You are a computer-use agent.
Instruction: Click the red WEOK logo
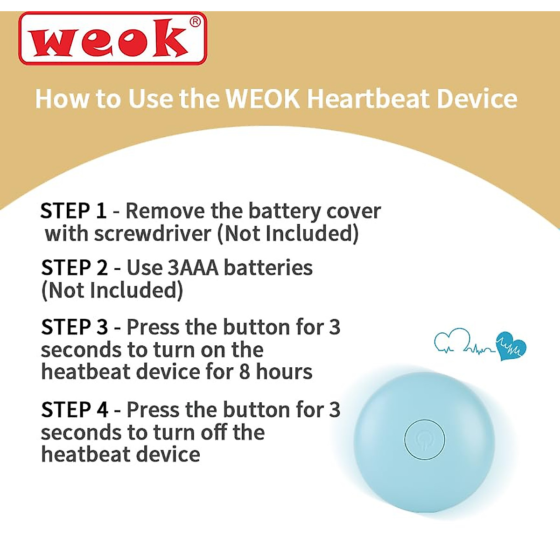(x=112, y=38)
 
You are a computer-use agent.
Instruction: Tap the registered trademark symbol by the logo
(x=196, y=22)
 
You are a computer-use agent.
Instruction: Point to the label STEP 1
(x=73, y=211)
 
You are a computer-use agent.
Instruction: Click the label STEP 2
(x=74, y=268)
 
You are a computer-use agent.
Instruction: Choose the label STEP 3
(x=74, y=327)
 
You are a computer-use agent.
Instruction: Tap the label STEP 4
(x=74, y=410)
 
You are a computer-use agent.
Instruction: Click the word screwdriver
(x=154, y=233)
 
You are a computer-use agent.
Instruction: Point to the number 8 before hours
(x=245, y=372)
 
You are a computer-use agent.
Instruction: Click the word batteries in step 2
(x=268, y=268)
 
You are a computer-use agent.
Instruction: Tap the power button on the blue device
(x=424, y=440)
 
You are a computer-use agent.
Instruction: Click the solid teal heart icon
(x=511, y=347)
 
